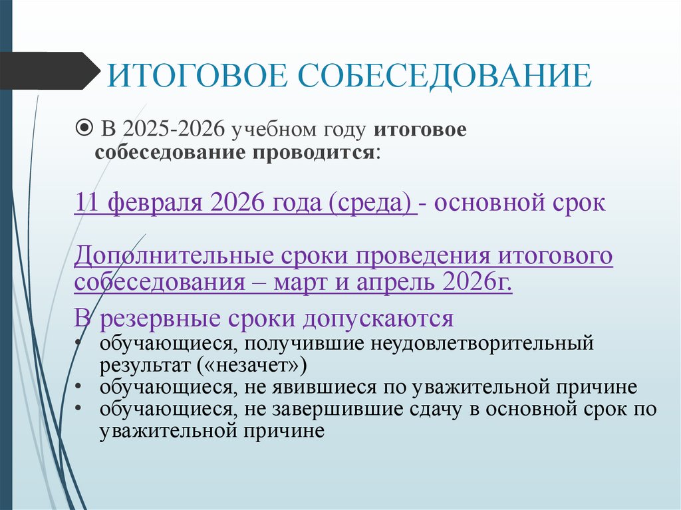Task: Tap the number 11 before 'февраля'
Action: click(87, 203)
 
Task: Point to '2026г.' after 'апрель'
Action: click(476, 283)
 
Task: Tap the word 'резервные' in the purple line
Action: click(152, 319)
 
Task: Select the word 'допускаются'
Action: click(378, 319)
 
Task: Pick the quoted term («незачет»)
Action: click(252, 365)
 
